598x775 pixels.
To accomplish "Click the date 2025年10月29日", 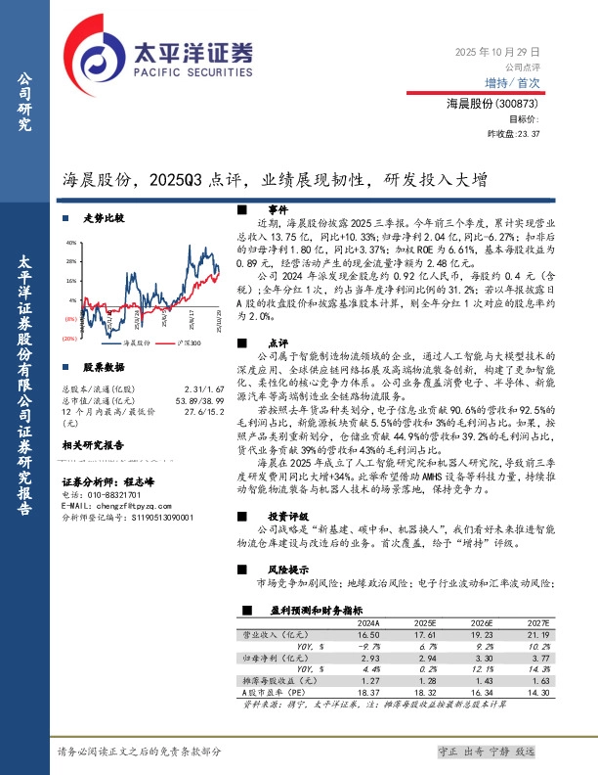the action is pyautogui.click(x=498, y=51).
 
